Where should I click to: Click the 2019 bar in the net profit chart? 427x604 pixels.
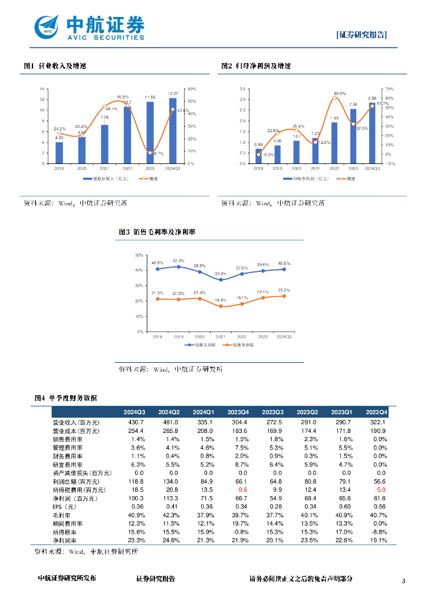tap(277, 154)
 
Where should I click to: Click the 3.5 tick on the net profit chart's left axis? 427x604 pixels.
tap(242, 89)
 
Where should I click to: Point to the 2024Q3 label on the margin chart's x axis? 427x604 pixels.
tap(284, 337)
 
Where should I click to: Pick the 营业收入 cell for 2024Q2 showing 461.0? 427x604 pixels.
tap(169, 422)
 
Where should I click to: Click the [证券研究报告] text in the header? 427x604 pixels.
tap(362, 35)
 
